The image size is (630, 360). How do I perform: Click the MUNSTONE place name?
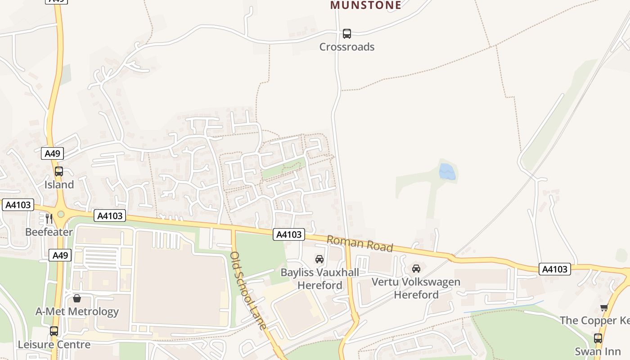365,5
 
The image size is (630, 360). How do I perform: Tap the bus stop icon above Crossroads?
347,33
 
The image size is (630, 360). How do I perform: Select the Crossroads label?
346,47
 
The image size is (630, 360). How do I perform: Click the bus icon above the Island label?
59,171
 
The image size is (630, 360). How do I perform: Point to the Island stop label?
59,184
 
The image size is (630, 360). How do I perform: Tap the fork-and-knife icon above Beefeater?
49,219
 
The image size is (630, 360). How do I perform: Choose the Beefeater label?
49,232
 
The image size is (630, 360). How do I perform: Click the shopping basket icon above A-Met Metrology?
77,298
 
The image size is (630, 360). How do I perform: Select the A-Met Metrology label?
77,311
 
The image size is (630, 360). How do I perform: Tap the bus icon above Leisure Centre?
54,331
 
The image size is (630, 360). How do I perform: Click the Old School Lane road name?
248,290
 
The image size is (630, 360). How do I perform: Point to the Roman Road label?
360,243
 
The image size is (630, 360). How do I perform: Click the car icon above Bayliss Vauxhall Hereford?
319,259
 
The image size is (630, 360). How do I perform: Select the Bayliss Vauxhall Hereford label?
320,279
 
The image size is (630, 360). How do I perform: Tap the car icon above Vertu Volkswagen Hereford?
416,269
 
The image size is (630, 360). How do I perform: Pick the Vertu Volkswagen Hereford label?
416,288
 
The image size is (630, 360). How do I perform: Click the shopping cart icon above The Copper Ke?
604,308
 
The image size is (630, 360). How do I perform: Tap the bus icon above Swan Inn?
598,338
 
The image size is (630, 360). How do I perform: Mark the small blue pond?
447,172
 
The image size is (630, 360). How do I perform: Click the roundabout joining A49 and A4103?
61,214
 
